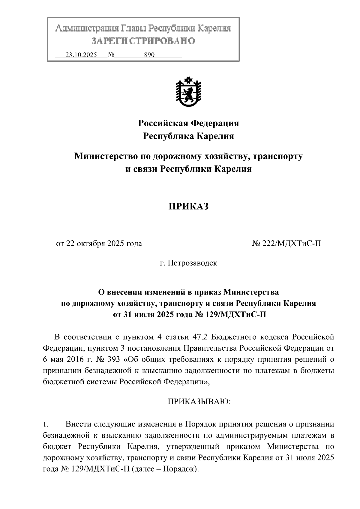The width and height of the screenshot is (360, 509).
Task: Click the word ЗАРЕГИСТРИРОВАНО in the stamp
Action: pyautogui.click(x=143, y=41)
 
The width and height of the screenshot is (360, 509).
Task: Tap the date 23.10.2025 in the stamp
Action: pyautogui.click(x=81, y=55)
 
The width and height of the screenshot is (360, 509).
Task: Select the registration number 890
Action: pyautogui.click(x=149, y=55)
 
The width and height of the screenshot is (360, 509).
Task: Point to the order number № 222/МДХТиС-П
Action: pyautogui.click(x=286, y=244)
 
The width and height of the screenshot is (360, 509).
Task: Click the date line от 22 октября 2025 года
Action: pyautogui.click(x=99, y=244)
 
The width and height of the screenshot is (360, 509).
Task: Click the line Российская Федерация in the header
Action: pyautogui.click(x=188, y=123)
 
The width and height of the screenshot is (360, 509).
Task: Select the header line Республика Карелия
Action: pyautogui.click(x=188, y=136)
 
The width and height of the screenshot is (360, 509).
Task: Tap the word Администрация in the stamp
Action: pyautogui.click(x=86, y=28)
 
